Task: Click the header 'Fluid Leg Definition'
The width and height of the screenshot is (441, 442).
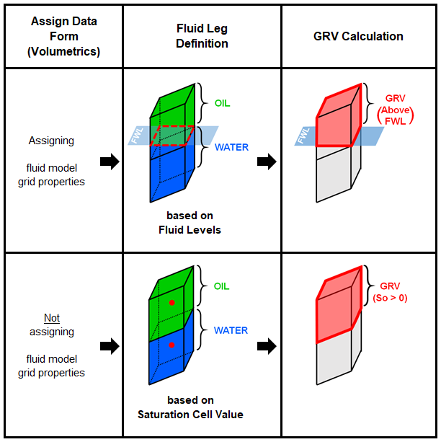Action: [x=202, y=36]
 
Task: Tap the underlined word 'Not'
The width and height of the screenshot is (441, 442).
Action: [x=52, y=318]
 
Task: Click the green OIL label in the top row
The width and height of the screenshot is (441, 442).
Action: [x=222, y=103]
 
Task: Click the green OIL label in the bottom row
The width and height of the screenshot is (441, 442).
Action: [x=222, y=286]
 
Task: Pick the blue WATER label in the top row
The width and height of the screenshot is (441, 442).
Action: [x=231, y=147]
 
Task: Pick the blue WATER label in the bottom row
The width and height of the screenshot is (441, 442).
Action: [x=231, y=330]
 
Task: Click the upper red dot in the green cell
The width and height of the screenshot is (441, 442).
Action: [x=171, y=302]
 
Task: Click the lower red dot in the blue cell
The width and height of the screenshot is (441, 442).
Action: [x=171, y=346]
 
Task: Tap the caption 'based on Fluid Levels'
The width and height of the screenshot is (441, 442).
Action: [x=190, y=222]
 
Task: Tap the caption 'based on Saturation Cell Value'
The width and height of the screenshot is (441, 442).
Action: [x=190, y=407]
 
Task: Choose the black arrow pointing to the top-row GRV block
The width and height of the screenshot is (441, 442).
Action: [x=267, y=162]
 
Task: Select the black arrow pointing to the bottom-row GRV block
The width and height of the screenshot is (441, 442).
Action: [x=267, y=346]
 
